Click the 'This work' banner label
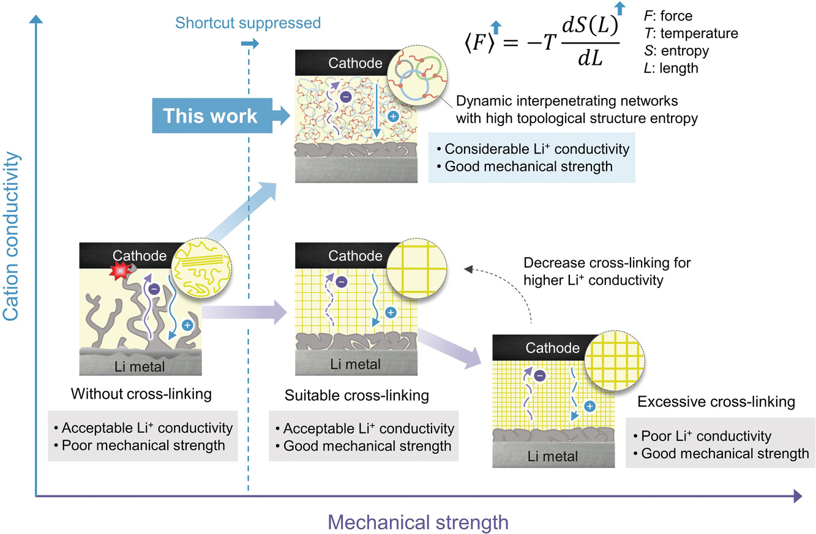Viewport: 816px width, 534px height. (x=210, y=116)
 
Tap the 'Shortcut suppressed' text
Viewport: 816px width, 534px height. (x=248, y=23)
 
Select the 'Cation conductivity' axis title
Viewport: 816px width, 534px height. (x=10, y=236)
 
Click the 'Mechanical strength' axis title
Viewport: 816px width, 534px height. (x=418, y=522)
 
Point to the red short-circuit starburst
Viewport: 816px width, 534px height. (x=120, y=270)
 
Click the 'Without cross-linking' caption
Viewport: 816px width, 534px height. (x=141, y=394)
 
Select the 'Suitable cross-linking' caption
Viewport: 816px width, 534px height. (x=357, y=396)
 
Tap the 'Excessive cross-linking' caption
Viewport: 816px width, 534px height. (x=716, y=402)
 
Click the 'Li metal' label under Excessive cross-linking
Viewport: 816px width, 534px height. (x=553, y=456)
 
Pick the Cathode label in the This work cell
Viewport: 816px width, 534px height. (x=355, y=63)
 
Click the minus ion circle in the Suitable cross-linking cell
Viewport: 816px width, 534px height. (x=342, y=282)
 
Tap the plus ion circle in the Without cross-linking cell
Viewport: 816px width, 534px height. (x=187, y=325)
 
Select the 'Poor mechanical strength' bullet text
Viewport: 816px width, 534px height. (x=143, y=445)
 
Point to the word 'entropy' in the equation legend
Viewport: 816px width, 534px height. (x=685, y=51)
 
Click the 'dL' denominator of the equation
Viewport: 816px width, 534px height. (x=590, y=58)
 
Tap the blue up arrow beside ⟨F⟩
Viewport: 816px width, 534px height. (x=495, y=28)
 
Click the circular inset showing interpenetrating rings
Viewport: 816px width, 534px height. (x=417, y=75)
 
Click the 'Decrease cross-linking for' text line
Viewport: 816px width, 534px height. (x=607, y=263)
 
